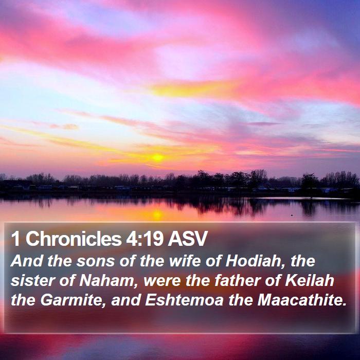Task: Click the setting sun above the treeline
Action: pyautogui.click(x=158, y=157)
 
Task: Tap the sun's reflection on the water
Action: pyautogui.click(x=157, y=214)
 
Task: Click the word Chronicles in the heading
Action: pyautogui.click(x=74, y=239)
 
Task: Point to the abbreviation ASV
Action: pyautogui.click(x=188, y=239)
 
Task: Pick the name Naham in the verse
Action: pyautogui.click(x=107, y=280)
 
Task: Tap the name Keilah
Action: pyautogui.click(x=309, y=280)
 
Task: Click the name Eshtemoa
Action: pyautogui.click(x=184, y=300)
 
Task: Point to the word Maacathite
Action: pyautogui.click(x=302, y=300)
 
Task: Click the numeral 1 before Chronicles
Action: pyautogui.click(x=15, y=239)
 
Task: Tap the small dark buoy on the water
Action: pyautogui.click(x=292, y=215)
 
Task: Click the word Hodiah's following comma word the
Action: pyautogui.click(x=302, y=261)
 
